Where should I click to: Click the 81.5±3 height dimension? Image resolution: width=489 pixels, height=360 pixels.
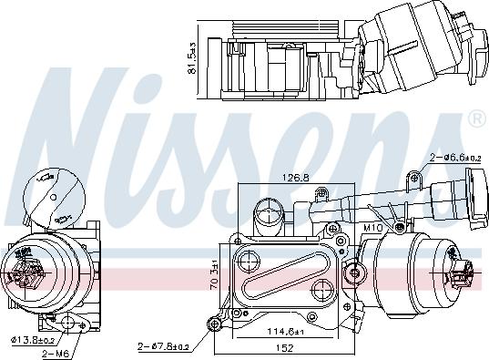click(190, 57)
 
